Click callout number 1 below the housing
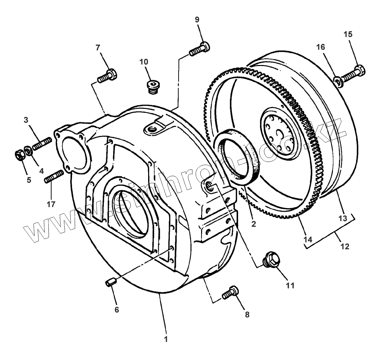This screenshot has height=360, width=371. pyautogui.click(x=166, y=339)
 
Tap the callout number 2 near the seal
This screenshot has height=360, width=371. pyautogui.click(x=253, y=224)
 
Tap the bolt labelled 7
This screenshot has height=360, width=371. pyautogui.click(x=107, y=76)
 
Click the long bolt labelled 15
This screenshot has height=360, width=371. pyautogui.click(x=354, y=72)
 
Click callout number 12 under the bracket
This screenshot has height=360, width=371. pyautogui.click(x=345, y=246)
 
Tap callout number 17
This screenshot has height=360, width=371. pyautogui.click(x=51, y=204)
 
